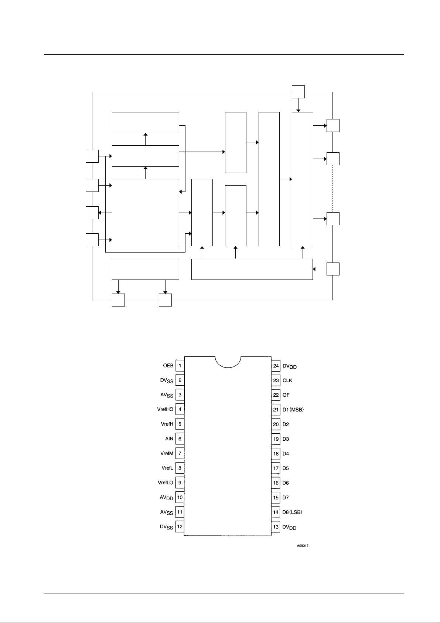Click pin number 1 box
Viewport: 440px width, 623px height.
[180, 365]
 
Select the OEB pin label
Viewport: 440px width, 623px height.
[168, 365]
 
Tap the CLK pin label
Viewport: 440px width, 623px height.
[287, 380]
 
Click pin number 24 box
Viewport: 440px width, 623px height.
[276, 366]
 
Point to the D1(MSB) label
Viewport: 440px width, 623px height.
[293, 409]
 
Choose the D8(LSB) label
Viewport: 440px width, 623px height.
[292, 512]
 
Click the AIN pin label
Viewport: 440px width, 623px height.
[169, 439]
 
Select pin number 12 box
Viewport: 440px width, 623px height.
[180, 526]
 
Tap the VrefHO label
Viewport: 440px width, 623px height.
[165, 409]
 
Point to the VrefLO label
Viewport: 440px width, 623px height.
[166, 483]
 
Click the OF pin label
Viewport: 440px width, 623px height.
[286, 395]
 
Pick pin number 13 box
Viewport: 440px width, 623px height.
[276, 527]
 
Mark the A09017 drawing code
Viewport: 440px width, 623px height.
[303, 546]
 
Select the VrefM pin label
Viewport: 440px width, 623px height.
[167, 453]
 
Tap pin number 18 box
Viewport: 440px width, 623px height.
[276, 454]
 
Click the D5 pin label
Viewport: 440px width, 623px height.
[286, 468]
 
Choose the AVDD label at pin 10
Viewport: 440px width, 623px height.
[166, 498]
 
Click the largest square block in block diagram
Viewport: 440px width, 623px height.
[145, 213]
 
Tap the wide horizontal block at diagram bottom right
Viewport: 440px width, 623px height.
[252, 269]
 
